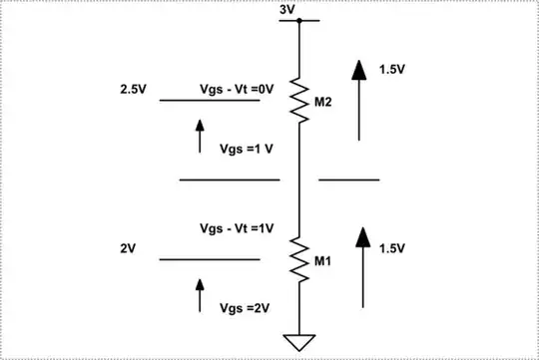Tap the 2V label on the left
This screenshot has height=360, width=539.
point(126,247)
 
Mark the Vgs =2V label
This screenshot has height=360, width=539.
point(246,308)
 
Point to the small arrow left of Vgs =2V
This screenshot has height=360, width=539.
point(200,297)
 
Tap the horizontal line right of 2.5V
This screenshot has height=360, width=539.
point(210,100)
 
